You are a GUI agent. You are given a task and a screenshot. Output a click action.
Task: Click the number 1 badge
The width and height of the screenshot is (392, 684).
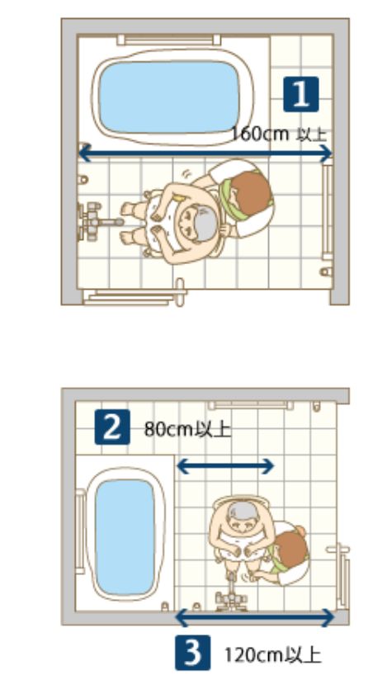point(300,94)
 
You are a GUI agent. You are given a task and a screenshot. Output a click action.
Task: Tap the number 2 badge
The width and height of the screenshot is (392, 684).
point(112,427)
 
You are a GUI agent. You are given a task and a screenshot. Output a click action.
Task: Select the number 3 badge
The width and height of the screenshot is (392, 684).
point(192,653)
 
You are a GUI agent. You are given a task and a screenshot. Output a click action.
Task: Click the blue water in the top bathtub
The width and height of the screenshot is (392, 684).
point(169,97)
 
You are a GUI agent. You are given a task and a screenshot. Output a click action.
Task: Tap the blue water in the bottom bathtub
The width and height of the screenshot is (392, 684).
point(125,537)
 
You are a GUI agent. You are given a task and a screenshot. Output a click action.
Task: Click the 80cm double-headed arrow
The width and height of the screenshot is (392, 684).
point(225,466)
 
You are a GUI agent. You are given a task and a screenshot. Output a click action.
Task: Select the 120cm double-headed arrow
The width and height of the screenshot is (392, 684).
point(255,618)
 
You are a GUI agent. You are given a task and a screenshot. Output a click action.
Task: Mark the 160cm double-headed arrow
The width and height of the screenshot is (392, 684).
point(205,153)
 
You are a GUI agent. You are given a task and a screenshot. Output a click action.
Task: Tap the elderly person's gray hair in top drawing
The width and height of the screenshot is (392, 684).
point(205,224)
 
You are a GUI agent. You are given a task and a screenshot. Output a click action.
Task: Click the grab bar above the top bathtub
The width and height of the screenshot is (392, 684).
point(169,40)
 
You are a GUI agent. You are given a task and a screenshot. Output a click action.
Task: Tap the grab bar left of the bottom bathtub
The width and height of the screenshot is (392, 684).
point(80,531)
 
